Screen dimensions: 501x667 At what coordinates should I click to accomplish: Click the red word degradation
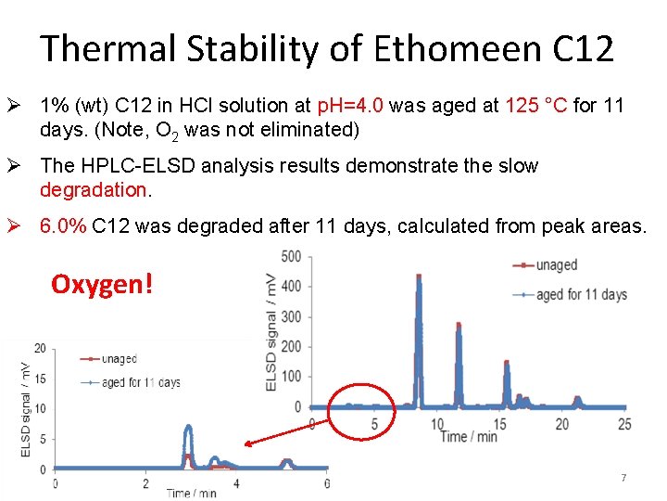(93, 189)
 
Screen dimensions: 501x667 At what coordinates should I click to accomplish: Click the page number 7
(623, 478)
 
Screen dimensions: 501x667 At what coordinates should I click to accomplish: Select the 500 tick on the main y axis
(290, 256)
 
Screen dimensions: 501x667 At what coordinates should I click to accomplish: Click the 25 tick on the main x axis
(624, 424)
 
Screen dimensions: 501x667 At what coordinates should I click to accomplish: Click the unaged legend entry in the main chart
(555, 265)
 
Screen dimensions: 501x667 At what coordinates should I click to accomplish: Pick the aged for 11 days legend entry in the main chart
(580, 294)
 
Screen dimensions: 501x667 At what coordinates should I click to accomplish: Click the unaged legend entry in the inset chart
(119, 359)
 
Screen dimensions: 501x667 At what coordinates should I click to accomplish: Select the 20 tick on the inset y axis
(40, 348)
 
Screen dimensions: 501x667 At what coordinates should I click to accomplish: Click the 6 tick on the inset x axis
(326, 483)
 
